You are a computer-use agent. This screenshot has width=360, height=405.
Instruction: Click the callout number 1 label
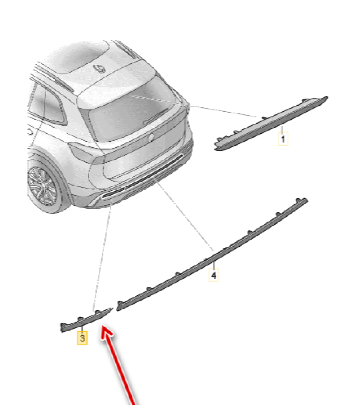[283, 139]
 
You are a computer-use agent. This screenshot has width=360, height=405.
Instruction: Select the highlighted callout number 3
[82, 338]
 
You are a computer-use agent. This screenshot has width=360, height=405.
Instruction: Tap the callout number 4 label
[214, 275]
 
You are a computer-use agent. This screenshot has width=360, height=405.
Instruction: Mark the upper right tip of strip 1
[328, 97]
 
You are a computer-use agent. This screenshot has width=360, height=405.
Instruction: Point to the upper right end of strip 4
[307, 199]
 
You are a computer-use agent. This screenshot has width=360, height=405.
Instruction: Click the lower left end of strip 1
[215, 149]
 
